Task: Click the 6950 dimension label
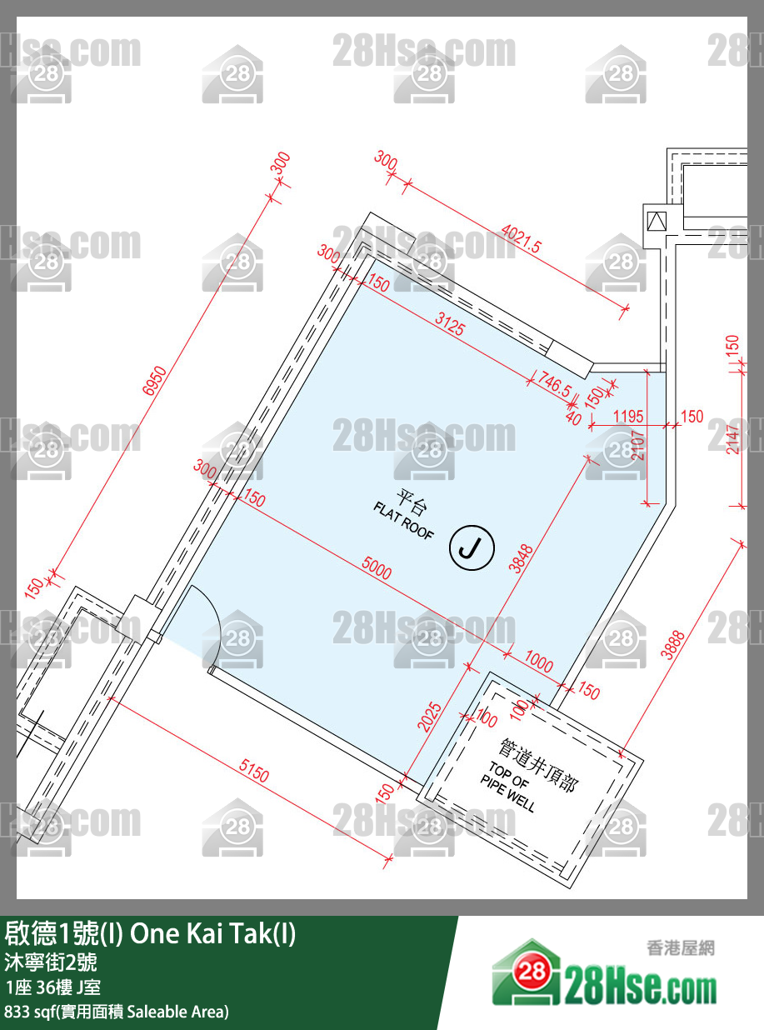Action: click(x=155, y=381)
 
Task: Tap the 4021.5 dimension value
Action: click(x=521, y=239)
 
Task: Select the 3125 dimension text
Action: click(x=450, y=323)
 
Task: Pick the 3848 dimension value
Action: click(x=521, y=558)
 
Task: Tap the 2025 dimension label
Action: click(x=429, y=717)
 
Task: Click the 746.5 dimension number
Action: click(x=554, y=383)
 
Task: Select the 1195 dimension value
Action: click(x=628, y=416)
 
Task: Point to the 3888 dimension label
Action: click(x=672, y=645)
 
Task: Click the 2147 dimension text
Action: click(x=732, y=439)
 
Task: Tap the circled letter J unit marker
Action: click(x=472, y=547)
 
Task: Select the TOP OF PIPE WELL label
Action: click(x=507, y=787)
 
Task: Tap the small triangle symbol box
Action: click(x=657, y=221)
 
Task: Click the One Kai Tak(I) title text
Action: click(x=212, y=934)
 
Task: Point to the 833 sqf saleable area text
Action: click(x=117, y=1012)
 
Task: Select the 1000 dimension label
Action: click(x=538, y=662)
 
